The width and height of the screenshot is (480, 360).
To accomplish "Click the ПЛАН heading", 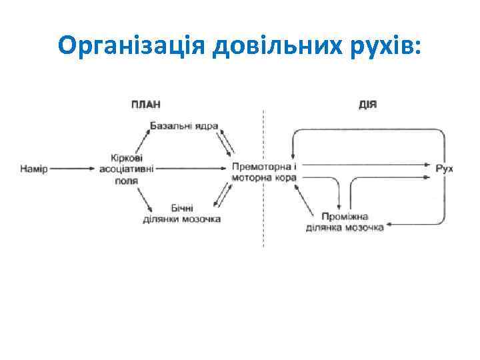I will [145, 105].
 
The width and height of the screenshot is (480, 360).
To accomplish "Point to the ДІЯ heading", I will [367, 105].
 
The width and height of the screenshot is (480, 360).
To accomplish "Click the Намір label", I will [34, 169].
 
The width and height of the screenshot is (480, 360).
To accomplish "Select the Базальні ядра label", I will [184, 125].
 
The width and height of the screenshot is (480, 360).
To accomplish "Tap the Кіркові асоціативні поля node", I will [126, 169].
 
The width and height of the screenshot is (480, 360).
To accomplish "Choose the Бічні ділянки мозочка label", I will [182, 213].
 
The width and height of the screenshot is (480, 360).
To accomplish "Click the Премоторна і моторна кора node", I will [264, 171].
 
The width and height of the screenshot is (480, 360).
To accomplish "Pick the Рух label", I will [444, 169].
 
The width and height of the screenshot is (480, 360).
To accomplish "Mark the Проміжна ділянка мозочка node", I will [344, 222].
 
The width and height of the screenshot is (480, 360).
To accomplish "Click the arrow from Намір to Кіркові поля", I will [73, 169].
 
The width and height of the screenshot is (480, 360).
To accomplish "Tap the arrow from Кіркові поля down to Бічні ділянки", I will [143, 197].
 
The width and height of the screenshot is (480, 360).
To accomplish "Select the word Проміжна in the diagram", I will [344, 217].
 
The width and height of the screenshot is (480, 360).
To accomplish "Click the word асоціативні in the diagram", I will [126, 169].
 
